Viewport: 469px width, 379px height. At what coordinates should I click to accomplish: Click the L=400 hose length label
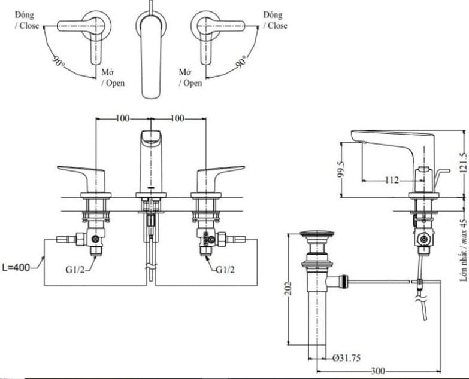click(17, 268)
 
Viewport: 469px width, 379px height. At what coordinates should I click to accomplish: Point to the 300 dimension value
click(377, 371)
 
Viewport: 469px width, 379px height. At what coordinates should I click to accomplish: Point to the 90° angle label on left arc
click(58, 62)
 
